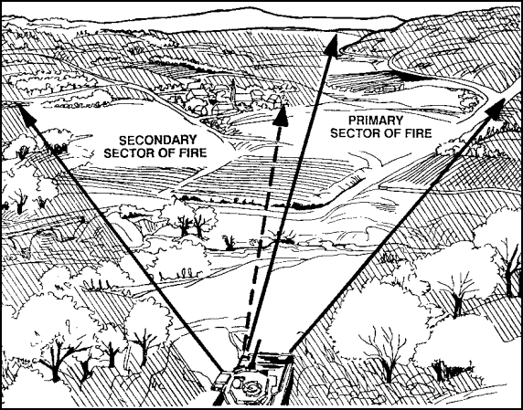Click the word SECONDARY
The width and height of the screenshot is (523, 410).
point(158,140)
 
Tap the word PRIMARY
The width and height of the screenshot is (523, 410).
point(376,120)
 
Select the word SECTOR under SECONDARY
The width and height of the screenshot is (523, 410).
point(129,152)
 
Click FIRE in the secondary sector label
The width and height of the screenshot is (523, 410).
point(193,152)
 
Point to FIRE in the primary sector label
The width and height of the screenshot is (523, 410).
point(419,133)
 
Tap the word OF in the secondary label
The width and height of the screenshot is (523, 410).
point(166,152)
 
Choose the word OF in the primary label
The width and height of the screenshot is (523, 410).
point(392,133)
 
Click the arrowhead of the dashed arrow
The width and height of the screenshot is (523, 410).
point(281,116)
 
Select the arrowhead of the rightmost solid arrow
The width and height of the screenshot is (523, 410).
point(496,109)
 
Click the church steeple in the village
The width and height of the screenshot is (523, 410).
point(232,89)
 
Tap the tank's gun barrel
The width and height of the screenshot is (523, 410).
point(255,352)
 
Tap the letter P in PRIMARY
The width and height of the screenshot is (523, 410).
point(352,120)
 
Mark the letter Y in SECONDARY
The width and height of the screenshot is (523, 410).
point(193,140)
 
